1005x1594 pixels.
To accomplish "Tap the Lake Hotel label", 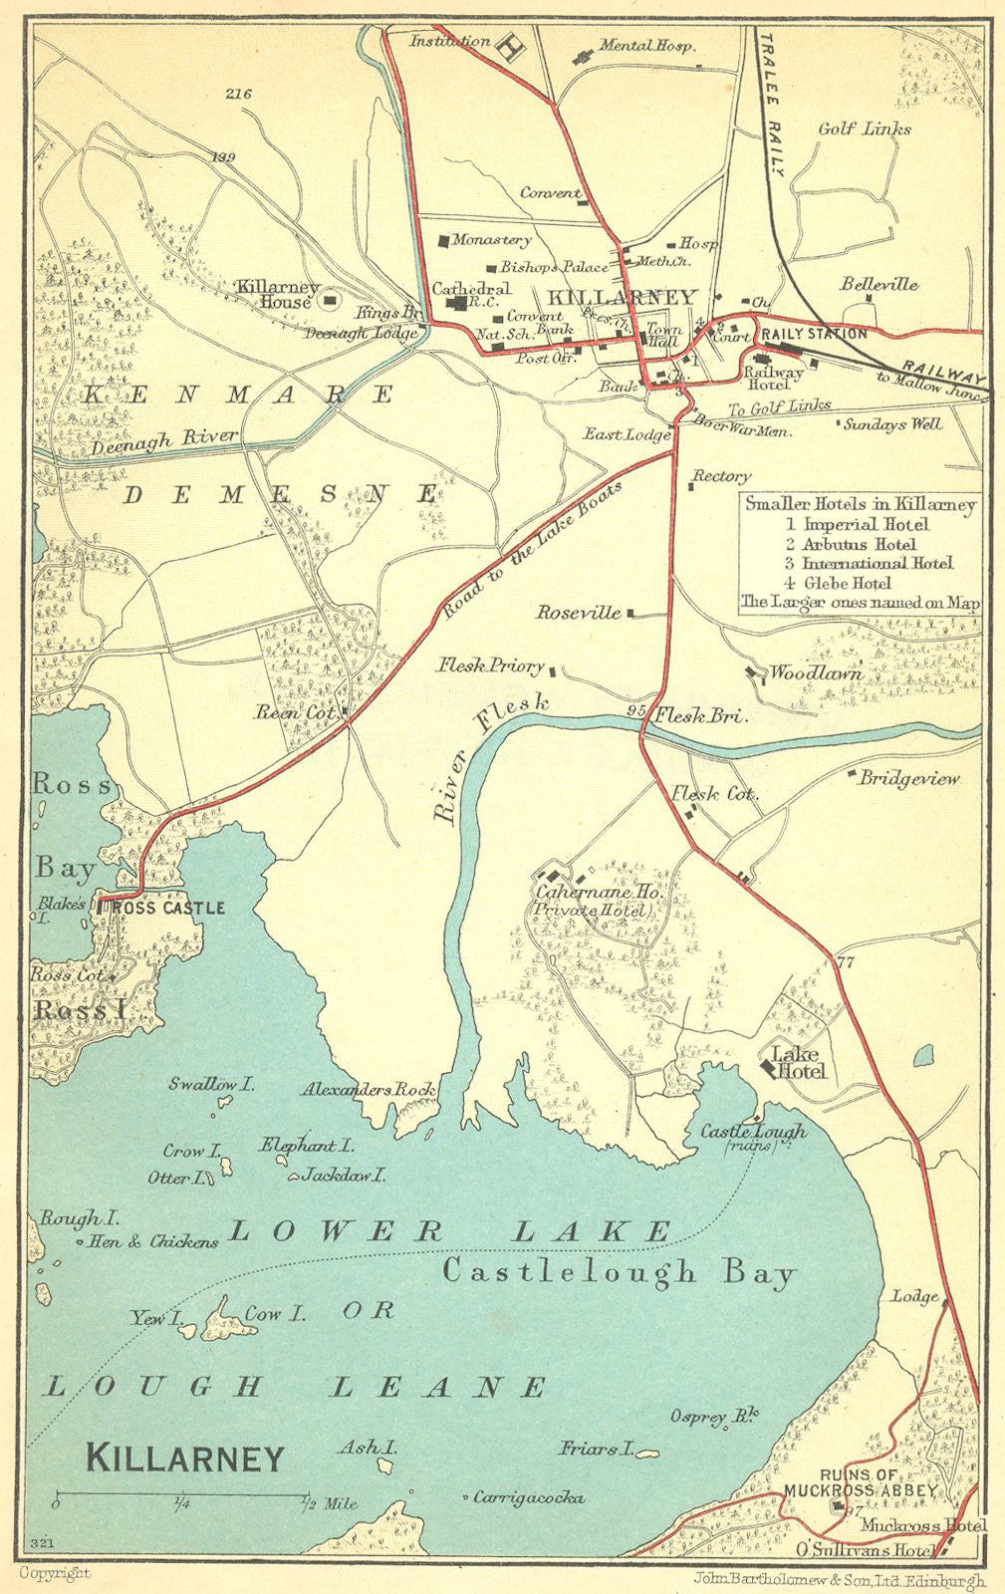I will click(799, 1063).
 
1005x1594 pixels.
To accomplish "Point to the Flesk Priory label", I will click(490, 665).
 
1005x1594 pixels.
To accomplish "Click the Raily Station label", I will click(814, 333).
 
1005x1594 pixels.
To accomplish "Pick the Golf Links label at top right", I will click(864, 130).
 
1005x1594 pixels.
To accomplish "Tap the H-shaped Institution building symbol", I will click(511, 47).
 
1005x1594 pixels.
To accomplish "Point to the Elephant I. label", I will click(308, 1146).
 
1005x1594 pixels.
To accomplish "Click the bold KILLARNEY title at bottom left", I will click(185, 1459).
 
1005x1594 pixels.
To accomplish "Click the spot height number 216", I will click(238, 95).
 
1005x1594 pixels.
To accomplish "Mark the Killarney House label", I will click(276, 293).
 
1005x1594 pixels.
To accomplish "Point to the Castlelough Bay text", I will click(619, 1272).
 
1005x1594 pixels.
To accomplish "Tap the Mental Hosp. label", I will click(646, 46).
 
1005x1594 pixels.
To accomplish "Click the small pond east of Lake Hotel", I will click(923, 1054).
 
